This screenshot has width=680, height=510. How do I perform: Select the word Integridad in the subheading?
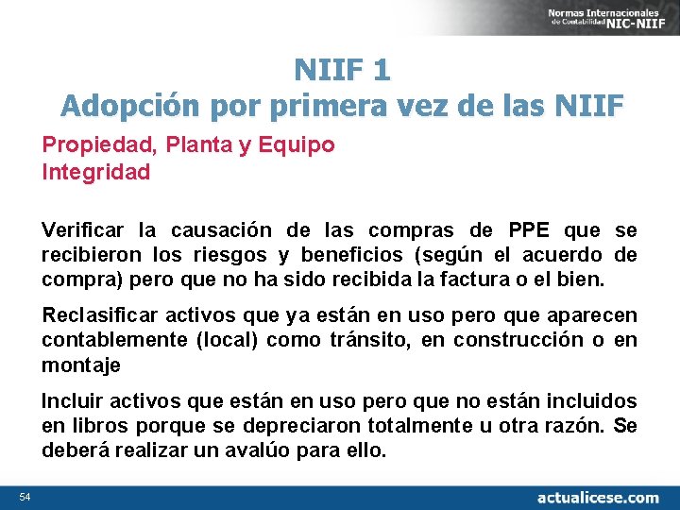click(95, 172)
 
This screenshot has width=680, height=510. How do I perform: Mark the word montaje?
click(79, 364)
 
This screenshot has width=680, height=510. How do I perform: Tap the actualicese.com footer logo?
click(598, 497)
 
